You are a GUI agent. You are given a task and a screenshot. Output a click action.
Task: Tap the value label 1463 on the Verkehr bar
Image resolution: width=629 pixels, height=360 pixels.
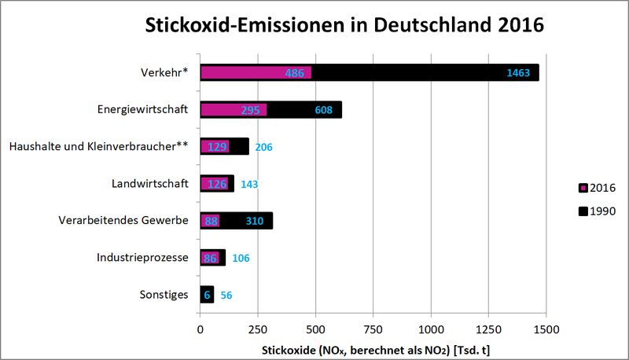point(523,73)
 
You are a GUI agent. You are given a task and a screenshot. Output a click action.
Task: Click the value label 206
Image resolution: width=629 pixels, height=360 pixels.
point(264,147)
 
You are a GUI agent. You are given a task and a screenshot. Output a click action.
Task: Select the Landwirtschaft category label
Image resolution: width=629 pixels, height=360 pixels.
point(149,183)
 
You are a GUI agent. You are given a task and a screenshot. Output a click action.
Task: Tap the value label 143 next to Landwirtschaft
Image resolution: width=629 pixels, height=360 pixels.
point(249,184)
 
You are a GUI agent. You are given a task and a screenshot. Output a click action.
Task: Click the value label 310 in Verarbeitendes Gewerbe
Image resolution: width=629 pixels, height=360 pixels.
point(254,221)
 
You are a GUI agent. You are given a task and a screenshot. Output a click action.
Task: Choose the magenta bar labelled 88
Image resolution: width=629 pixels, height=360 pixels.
point(210,221)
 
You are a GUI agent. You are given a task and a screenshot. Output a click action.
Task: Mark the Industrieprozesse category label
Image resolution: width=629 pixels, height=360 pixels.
point(142,257)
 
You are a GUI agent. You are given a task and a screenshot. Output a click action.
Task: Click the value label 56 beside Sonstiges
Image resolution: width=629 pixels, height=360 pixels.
point(226,295)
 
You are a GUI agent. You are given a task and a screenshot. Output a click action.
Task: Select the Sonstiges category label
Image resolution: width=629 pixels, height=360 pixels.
point(165,294)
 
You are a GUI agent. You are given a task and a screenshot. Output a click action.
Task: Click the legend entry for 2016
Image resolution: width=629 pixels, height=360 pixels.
point(596,188)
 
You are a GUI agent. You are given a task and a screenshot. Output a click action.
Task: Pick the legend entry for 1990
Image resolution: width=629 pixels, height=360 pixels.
point(596,211)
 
